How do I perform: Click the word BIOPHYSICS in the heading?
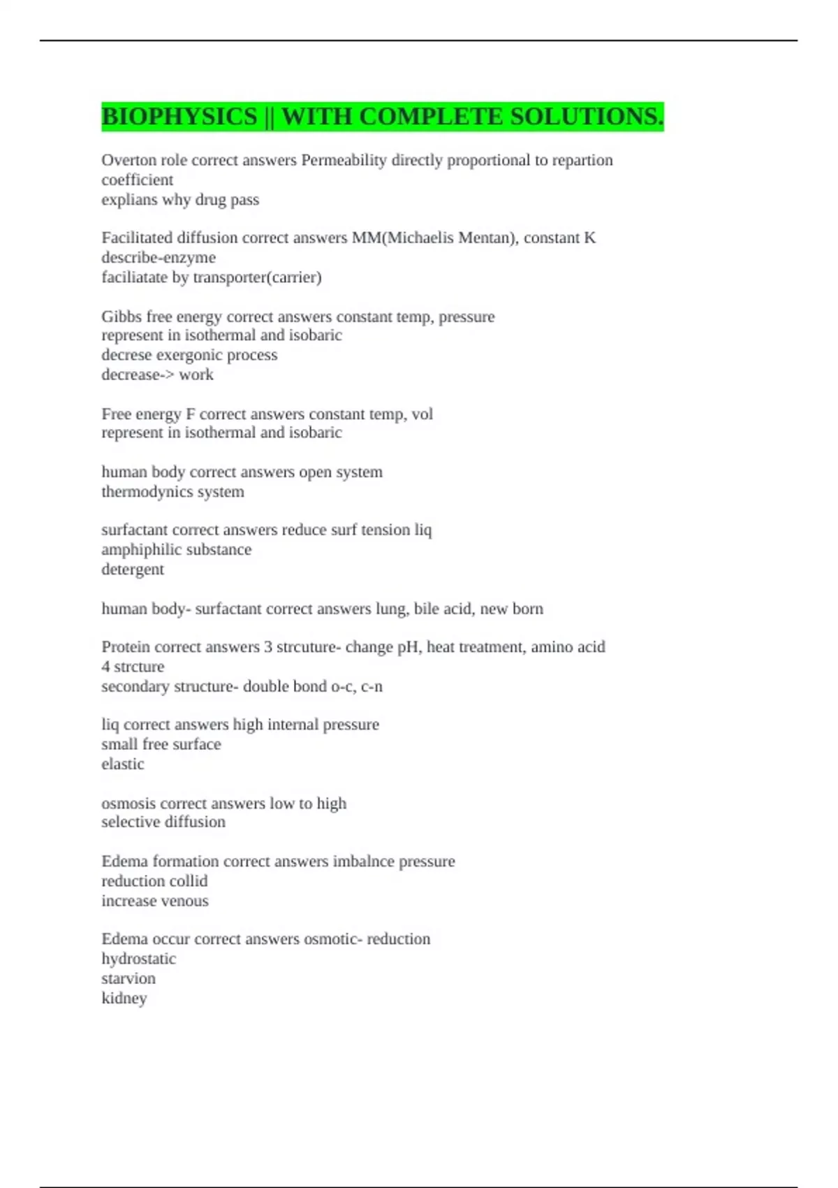[179, 117]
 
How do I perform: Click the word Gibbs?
[122, 317]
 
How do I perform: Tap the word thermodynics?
[144, 492]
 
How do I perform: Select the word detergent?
[133, 570]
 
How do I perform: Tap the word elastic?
[123, 764]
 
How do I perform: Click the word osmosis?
[128, 804]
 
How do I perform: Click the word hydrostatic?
[138, 959]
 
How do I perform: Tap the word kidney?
[124, 998]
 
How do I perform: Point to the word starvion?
[128, 978]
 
